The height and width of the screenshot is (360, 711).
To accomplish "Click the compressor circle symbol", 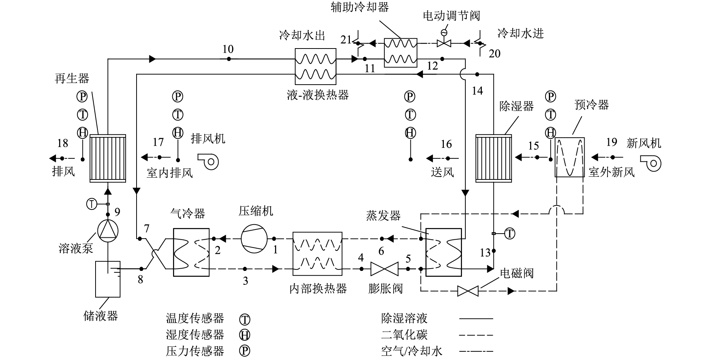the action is [254, 238].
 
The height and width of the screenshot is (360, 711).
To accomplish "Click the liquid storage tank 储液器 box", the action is [108, 279].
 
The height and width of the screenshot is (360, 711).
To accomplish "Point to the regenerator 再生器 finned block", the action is [108, 158].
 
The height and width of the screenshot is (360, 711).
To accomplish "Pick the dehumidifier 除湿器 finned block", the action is [494, 158].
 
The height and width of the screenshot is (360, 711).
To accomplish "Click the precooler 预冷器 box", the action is [570, 157].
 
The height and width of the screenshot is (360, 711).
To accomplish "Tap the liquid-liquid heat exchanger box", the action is [315, 66].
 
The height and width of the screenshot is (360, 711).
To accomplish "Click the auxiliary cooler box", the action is [401, 53].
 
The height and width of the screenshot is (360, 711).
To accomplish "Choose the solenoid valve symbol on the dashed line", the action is [468, 291].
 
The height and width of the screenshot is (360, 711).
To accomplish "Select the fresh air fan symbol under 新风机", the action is [651, 163].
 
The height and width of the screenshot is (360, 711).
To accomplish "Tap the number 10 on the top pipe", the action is [228, 49].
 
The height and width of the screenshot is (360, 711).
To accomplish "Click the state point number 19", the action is [612, 142].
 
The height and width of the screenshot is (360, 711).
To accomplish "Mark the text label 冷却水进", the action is [521, 33].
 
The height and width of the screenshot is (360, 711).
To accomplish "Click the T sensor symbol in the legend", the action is [245, 319].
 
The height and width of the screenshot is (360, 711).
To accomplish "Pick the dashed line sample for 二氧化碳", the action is [476, 335].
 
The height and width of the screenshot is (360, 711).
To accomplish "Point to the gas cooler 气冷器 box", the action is [191, 252].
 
